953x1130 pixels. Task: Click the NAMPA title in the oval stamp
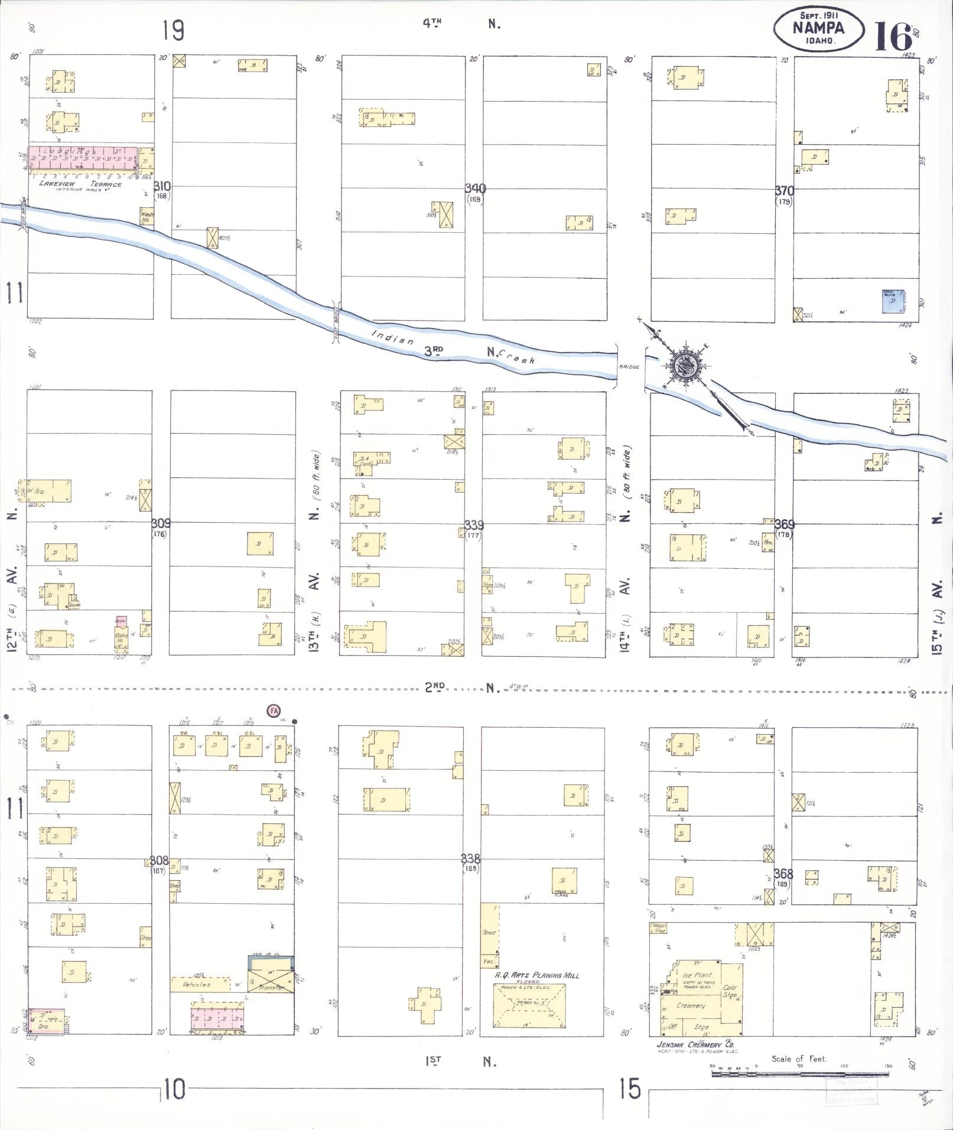(x=818, y=27)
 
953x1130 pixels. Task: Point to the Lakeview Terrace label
(x=80, y=184)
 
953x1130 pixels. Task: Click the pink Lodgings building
(x=84, y=159)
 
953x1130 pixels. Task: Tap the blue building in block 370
(x=893, y=301)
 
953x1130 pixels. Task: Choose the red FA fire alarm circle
(x=274, y=711)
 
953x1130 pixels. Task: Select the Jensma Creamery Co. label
(x=690, y=1044)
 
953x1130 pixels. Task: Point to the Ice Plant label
(x=697, y=975)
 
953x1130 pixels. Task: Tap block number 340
(x=475, y=189)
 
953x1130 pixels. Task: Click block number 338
(x=472, y=858)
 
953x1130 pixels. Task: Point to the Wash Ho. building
(x=146, y=217)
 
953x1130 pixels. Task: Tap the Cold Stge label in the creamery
(x=730, y=991)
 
